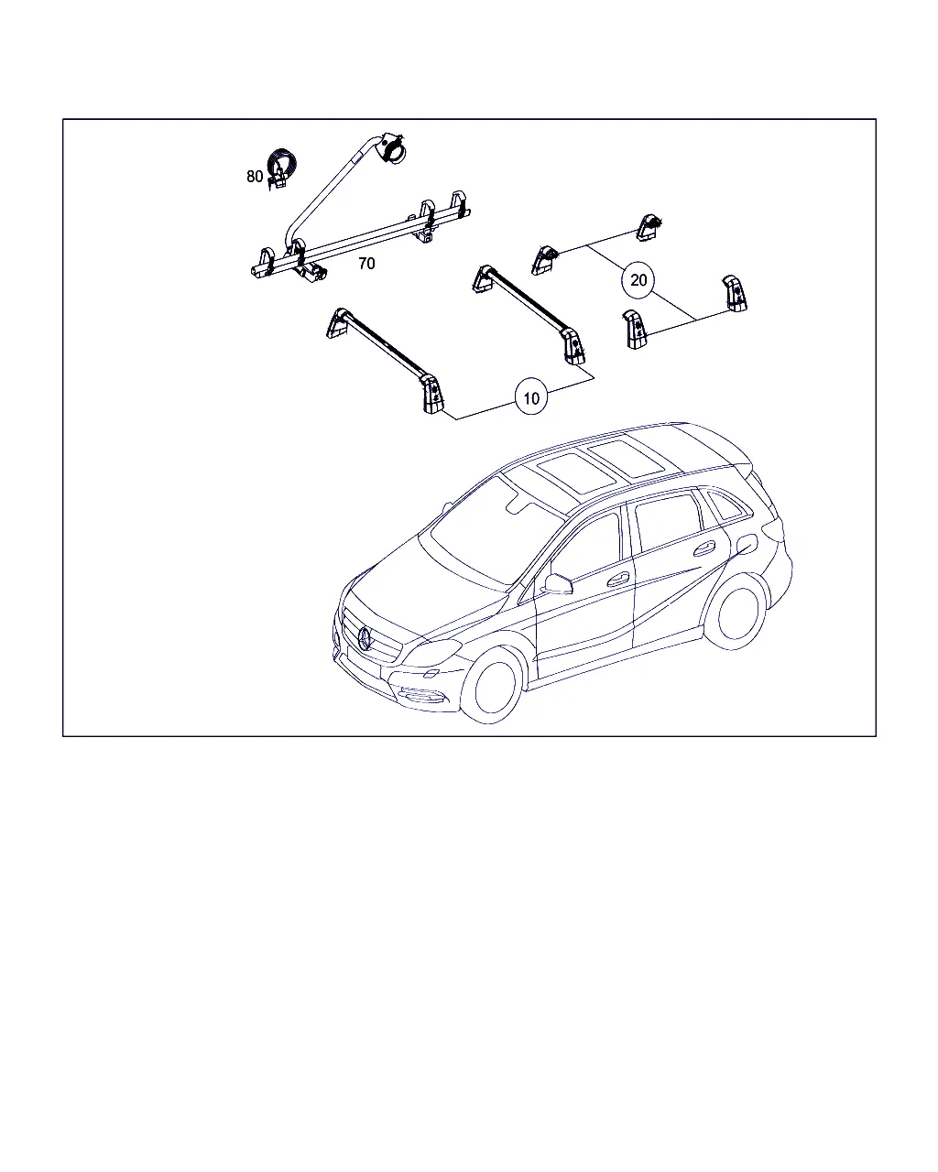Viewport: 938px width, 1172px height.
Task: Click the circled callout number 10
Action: click(530, 398)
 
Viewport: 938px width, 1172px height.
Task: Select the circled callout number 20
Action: click(638, 280)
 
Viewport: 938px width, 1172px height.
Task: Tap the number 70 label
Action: click(366, 264)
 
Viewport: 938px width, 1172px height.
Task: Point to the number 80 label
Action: click(255, 177)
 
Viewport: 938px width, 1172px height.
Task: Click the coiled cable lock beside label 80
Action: click(281, 168)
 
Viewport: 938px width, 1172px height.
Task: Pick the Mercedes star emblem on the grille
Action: click(365, 638)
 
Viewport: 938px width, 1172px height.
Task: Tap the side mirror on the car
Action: click(558, 584)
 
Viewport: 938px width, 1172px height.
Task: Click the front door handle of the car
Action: click(617, 579)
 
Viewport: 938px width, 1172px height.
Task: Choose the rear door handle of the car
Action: click(703, 548)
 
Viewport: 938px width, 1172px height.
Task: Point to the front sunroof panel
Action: click(574, 473)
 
